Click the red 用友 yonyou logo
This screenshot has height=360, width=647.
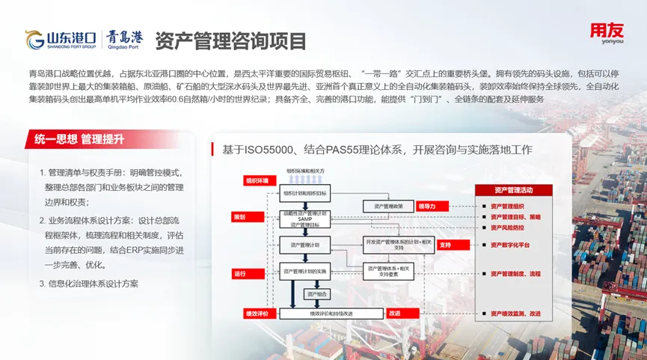605,34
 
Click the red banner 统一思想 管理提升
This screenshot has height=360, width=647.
78,138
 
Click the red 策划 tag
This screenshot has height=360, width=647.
239,216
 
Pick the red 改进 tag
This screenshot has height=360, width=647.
395,313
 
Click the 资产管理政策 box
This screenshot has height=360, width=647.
387,206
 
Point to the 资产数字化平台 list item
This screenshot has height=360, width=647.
515,245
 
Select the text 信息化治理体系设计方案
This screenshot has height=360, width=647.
93,284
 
